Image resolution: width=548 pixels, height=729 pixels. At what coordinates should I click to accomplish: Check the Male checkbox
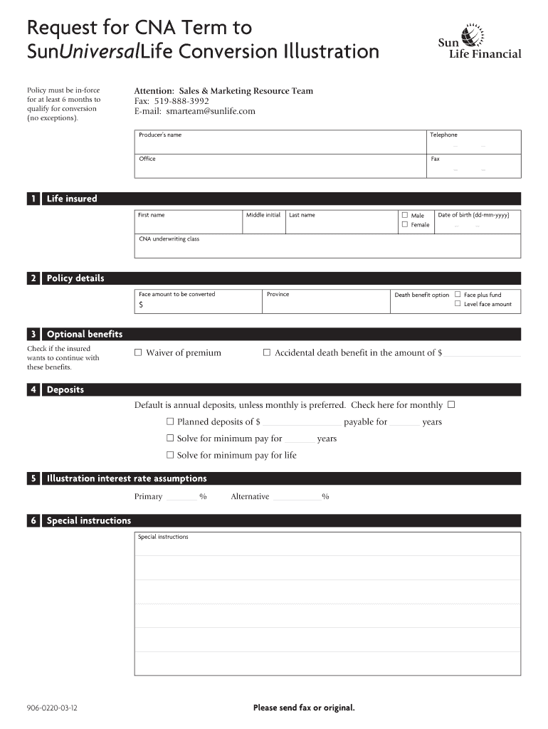click(x=405, y=215)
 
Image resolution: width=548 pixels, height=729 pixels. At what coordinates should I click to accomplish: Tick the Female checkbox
click(x=405, y=225)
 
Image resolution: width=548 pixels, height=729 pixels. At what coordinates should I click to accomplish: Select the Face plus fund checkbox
click(x=458, y=294)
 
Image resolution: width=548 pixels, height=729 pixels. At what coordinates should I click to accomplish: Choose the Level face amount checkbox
click(x=458, y=304)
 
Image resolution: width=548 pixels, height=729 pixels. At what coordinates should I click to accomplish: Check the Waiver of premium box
click(x=139, y=352)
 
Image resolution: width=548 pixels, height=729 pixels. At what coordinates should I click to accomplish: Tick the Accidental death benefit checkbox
click(x=267, y=352)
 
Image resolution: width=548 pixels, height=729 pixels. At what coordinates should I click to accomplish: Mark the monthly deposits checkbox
click(x=450, y=405)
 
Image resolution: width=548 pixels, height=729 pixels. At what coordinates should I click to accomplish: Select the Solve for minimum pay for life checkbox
click(x=170, y=455)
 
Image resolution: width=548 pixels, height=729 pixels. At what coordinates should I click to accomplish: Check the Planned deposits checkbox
click(x=170, y=421)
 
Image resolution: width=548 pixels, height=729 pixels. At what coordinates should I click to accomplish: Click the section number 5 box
click(x=33, y=479)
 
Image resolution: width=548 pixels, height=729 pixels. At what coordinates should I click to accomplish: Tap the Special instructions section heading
click(x=89, y=521)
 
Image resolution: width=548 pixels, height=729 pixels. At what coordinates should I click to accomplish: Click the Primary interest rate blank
click(x=181, y=497)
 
